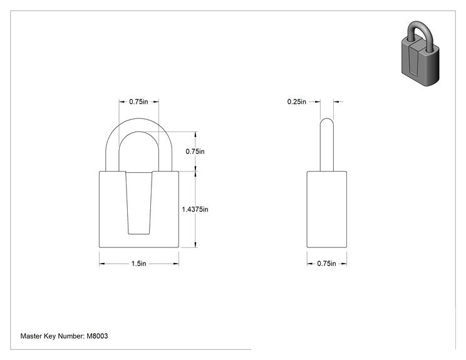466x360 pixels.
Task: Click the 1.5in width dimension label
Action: (x=139, y=264)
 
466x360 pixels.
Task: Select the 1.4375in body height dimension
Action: (x=195, y=209)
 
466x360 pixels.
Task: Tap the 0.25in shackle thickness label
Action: (x=297, y=101)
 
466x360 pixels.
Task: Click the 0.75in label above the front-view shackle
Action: (x=138, y=101)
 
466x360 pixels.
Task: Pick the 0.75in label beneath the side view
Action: (x=326, y=264)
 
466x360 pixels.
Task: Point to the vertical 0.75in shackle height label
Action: (x=195, y=152)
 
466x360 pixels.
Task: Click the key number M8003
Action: (x=97, y=336)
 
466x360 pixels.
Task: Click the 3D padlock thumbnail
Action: (x=420, y=54)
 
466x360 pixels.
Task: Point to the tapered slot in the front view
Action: (x=139, y=203)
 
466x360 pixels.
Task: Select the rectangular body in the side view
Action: (x=326, y=209)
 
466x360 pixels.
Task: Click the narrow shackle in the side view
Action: (x=326, y=145)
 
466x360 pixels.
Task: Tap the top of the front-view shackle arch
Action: (x=139, y=118)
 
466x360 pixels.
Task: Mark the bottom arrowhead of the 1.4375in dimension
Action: (x=195, y=244)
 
